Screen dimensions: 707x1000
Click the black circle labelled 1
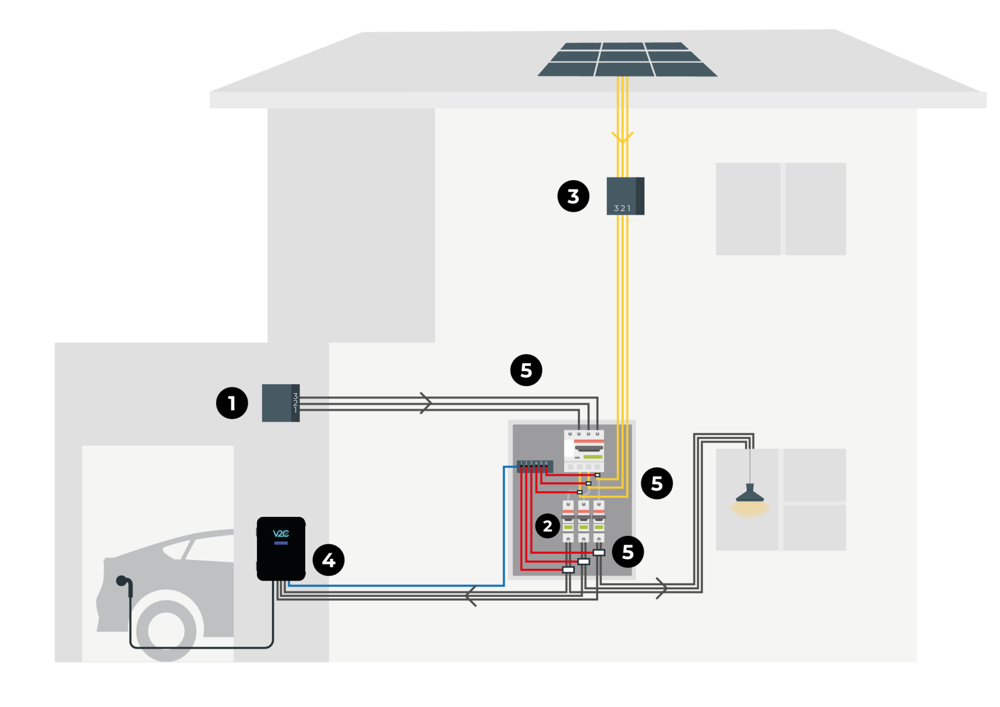[232, 403]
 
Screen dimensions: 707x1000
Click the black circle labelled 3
[573, 196]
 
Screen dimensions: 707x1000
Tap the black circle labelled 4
[329, 560]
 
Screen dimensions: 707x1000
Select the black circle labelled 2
[548, 526]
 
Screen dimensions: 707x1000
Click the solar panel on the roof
[627, 60]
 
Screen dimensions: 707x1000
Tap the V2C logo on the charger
[281, 534]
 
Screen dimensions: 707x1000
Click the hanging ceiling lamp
[750, 498]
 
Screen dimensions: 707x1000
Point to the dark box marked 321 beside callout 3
[625, 196]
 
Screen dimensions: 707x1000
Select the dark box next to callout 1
[280, 403]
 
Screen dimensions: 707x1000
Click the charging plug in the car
[122, 581]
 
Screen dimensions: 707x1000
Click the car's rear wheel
[167, 630]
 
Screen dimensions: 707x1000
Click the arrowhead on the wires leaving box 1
[426, 403]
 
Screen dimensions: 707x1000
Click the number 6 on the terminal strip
[546, 463]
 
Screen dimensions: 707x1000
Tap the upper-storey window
[780, 209]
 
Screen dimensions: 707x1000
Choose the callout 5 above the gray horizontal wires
[526, 370]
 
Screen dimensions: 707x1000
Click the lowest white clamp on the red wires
[568, 570]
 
